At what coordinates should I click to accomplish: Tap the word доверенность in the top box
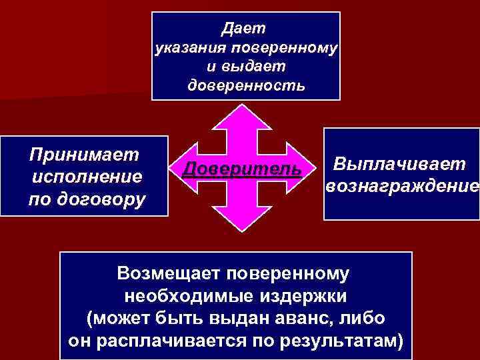tap(246, 86)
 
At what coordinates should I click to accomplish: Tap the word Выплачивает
tap(401, 163)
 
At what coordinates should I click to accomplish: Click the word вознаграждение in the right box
tap(402, 186)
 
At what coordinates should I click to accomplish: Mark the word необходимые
tap(181, 296)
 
